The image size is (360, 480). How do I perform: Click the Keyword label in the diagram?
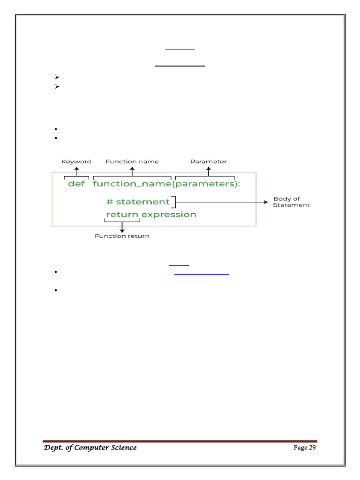[76, 162]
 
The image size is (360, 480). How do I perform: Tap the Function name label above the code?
[132, 162]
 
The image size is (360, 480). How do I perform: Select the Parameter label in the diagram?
[209, 162]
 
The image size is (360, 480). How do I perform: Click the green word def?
[76, 184]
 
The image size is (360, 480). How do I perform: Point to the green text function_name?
[132, 184]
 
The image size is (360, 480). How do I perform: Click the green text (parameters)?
[207, 184]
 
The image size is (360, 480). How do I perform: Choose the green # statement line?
[138, 202]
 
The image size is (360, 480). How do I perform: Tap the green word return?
[122, 215]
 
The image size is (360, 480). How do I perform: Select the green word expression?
[169, 215]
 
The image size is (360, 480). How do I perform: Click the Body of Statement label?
[291, 202]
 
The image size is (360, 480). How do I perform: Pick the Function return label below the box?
[122, 236]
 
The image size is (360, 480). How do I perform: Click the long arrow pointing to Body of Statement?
[220, 202]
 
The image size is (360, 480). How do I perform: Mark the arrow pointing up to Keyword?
[76, 171]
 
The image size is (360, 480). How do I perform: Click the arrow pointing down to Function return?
[122, 227]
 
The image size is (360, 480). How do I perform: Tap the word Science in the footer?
[120, 448]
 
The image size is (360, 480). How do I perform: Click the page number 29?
[311, 448]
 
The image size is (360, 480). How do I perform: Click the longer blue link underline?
[202, 274]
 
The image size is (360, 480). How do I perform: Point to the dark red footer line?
[180, 441]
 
